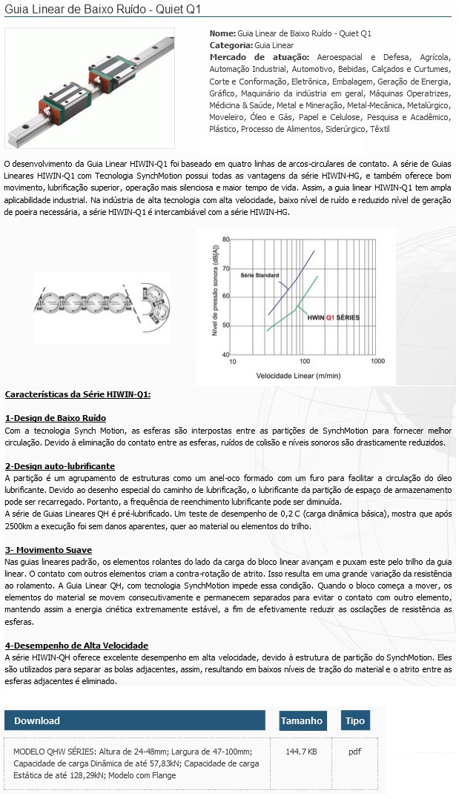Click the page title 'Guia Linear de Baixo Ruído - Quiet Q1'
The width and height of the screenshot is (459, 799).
point(103,9)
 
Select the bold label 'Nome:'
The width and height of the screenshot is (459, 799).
point(222,34)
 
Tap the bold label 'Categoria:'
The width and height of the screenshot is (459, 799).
point(231,45)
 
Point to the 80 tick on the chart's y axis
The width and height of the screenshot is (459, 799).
point(226,239)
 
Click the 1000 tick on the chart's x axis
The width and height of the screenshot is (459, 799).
point(377,361)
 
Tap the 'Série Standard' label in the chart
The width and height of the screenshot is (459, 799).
point(260,275)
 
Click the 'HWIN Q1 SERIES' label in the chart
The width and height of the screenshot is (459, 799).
point(333,316)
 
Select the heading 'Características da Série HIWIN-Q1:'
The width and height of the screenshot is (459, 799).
point(78,394)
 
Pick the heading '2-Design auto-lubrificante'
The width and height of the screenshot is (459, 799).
point(60,466)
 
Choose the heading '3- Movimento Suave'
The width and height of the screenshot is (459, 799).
point(49,550)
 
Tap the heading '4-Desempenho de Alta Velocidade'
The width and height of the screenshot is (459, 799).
point(76,646)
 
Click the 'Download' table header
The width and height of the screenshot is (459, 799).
point(37,720)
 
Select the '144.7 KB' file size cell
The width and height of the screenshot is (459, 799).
point(301,752)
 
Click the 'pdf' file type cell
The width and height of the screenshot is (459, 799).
point(354,752)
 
